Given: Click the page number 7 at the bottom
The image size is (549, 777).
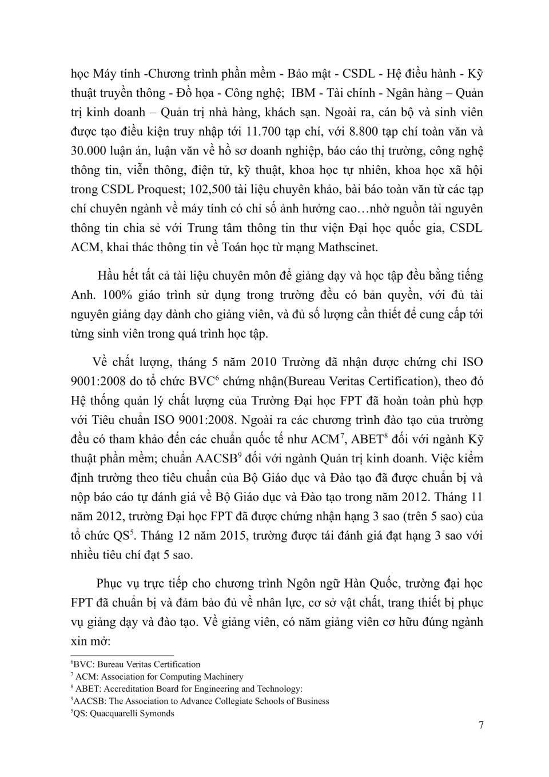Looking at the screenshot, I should [481, 726].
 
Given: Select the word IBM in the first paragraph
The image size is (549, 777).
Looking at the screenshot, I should [305, 93].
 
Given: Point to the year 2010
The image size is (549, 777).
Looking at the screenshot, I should [263, 362].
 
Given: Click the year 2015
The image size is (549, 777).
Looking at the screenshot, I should [229, 536].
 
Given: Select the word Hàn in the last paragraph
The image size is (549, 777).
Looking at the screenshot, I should [357, 584].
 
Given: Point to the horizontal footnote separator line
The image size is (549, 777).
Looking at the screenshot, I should [121, 656].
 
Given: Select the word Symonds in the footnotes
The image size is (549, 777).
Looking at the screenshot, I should [156, 713].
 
